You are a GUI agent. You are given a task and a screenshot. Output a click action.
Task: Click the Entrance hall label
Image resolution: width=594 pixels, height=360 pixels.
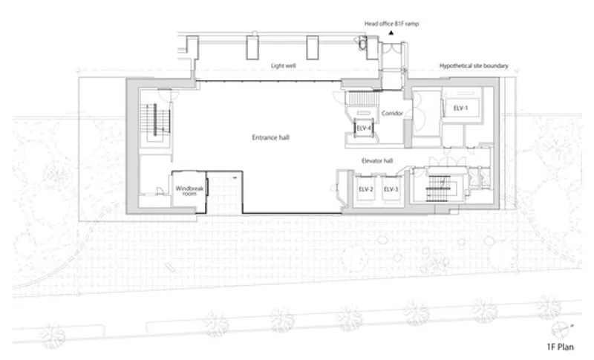point(270,137)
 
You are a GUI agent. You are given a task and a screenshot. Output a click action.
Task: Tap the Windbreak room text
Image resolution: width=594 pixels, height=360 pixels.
point(189,191)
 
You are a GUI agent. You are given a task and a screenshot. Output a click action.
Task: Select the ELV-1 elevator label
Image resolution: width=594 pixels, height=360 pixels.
point(460,108)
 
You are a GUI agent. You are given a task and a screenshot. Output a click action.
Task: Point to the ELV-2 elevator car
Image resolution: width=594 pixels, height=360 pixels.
point(365,189)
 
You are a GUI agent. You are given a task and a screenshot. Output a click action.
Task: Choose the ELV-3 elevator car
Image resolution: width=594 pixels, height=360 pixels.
point(391,189)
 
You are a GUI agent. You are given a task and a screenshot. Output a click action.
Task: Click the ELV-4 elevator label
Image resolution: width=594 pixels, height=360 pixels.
point(364,128)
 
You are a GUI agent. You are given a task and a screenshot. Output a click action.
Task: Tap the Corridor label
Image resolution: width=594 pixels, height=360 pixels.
point(392,113)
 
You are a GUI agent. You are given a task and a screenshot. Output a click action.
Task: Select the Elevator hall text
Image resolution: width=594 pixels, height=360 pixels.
point(377,161)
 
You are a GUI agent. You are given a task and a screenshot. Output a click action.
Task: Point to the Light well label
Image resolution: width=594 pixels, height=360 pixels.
point(284,66)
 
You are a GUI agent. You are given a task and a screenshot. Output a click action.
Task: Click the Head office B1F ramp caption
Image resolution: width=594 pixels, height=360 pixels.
point(391,24)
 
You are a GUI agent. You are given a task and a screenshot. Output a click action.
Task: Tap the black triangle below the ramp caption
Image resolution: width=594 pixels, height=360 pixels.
point(391,33)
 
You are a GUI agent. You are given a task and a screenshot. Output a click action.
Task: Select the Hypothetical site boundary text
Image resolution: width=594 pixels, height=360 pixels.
point(474,66)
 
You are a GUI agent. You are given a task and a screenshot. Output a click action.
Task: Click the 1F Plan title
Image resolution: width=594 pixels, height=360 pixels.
point(561,347)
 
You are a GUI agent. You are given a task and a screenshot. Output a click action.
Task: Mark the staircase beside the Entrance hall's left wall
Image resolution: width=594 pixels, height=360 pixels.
point(155,121)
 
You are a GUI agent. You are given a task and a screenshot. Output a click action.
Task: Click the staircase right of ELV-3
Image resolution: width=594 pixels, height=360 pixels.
point(440,189)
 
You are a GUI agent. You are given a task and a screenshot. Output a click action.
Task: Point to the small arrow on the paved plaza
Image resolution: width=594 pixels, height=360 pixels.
point(171,267)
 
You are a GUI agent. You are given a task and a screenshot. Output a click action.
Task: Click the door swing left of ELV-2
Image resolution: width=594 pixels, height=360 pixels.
point(337,186)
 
